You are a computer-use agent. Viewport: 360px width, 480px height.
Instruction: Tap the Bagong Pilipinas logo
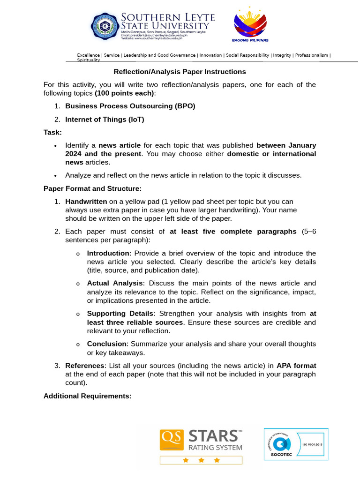pyautogui.click(x=250, y=26)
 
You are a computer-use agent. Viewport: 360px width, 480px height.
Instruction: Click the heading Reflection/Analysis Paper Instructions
pyautogui.click(x=180, y=72)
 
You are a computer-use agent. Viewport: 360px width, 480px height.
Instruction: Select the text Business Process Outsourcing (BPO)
pyautogui.click(x=130, y=106)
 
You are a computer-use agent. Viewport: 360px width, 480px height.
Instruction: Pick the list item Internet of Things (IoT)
pyautogui.click(x=105, y=120)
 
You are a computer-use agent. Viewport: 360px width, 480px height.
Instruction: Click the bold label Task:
pyautogui.click(x=52, y=133)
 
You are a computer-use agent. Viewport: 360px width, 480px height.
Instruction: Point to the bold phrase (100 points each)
pyautogui.click(x=125, y=93)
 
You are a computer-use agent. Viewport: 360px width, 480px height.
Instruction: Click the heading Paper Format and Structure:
pyautogui.click(x=92, y=188)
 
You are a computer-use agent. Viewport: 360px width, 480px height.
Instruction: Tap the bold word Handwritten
pyautogui.click(x=86, y=202)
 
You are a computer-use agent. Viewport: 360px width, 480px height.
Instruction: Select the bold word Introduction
pyautogui.click(x=108, y=253)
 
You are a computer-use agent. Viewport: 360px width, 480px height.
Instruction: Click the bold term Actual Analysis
pyautogui.click(x=115, y=283)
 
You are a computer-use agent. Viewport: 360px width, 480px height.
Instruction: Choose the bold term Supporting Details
pyautogui.click(x=120, y=314)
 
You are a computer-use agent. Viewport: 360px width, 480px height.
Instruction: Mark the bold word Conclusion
pyautogui.click(x=107, y=344)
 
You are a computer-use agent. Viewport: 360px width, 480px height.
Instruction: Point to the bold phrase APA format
pyautogui.click(x=296, y=365)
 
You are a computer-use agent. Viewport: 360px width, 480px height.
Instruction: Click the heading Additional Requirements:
pyautogui.click(x=88, y=396)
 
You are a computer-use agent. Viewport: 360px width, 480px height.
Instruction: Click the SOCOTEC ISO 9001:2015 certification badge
pyautogui.click(x=296, y=444)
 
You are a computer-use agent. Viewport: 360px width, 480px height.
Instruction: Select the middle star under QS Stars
pyautogui.click(x=201, y=460)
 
